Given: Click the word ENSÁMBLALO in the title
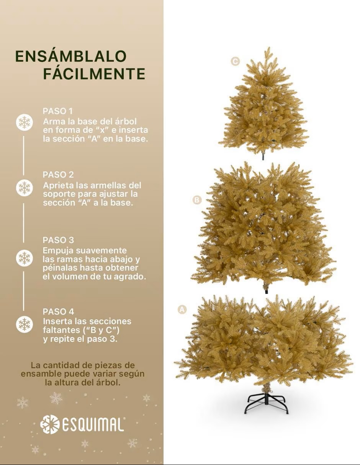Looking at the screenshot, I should (x=71, y=56).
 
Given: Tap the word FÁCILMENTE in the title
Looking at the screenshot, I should (x=94, y=73).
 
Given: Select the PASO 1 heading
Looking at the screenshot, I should (x=57, y=111).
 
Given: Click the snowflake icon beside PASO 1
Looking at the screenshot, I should (x=25, y=122).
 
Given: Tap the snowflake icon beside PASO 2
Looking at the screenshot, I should (x=25, y=188).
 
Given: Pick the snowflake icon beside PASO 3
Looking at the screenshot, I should (x=25, y=258).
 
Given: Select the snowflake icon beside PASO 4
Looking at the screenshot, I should (x=25, y=324).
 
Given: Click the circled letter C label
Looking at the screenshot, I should (x=235, y=61).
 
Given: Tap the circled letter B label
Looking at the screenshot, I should (x=197, y=200).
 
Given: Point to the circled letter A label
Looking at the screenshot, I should (x=182, y=309).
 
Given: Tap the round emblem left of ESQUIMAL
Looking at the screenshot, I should (x=50, y=424).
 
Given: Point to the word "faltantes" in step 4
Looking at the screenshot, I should (x=59, y=330).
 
